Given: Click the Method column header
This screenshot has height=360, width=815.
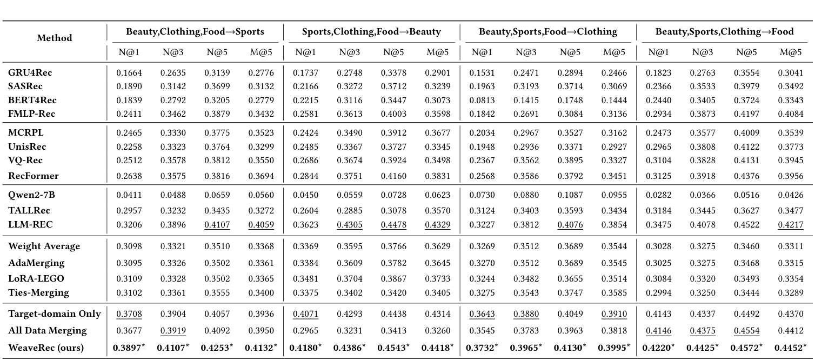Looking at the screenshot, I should [x=54, y=38].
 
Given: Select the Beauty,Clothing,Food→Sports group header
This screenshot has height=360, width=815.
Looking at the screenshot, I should [x=195, y=31].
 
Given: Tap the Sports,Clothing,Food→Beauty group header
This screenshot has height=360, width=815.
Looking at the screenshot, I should [x=371, y=31].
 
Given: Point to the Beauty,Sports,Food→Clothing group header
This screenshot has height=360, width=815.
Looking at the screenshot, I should [x=548, y=31].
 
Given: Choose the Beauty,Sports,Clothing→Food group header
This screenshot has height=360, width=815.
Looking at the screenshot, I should [x=724, y=31].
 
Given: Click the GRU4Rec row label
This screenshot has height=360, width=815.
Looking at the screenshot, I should [x=30, y=72].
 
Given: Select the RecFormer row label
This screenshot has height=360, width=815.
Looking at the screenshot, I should [x=34, y=176].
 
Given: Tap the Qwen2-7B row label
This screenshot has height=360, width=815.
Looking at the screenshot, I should [x=31, y=196].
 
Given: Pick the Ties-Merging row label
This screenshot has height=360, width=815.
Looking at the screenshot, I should [x=39, y=292].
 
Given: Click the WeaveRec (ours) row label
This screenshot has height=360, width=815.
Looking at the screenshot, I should [x=46, y=348].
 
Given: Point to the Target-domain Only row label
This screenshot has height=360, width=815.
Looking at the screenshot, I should [x=55, y=314].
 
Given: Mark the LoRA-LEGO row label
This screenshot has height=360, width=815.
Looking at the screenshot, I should [x=36, y=278].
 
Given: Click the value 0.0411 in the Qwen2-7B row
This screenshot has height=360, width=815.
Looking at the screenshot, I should [x=127, y=196].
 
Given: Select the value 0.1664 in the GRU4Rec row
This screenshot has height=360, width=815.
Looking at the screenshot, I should [x=127, y=72].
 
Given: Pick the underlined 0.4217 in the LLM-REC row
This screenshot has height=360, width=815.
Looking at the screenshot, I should [x=790, y=224].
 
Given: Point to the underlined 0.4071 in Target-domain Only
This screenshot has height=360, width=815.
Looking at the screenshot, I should [x=304, y=314].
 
